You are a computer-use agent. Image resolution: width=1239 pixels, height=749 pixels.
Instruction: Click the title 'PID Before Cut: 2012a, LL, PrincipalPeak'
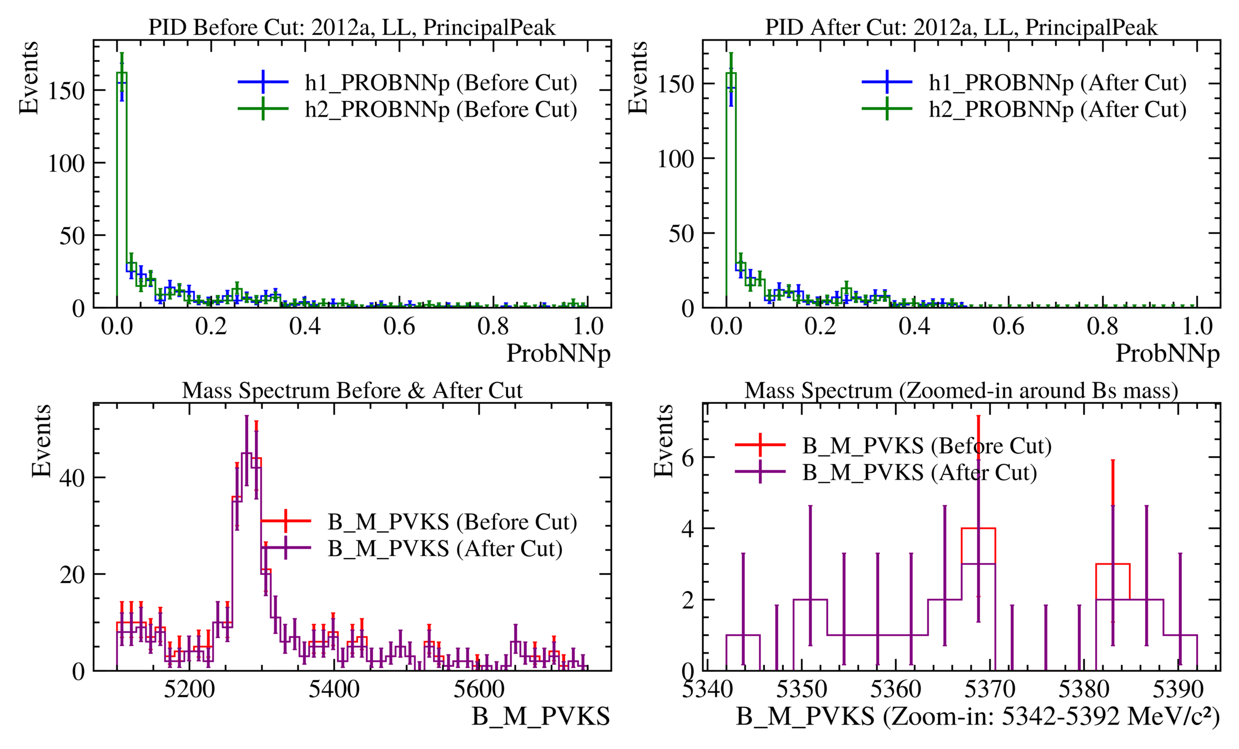pyautogui.click(x=351, y=27)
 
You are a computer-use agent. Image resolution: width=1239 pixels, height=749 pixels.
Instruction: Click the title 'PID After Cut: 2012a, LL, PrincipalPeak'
pyautogui.click(x=961, y=27)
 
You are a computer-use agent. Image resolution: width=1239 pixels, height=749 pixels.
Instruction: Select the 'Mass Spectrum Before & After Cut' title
pyautogui.click(x=352, y=391)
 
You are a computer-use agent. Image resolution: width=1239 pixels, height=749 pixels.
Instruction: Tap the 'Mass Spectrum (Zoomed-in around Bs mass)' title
pyautogui.click(x=961, y=391)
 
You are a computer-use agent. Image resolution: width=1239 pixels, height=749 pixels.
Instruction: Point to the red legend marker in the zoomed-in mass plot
pyautogui.click(x=760, y=445)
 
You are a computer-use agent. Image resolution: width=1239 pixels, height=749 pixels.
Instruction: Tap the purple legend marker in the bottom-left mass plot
pyautogui.click(x=285, y=548)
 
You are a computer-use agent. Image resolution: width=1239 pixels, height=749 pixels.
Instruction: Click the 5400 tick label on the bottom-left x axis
pyautogui.click(x=334, y=690)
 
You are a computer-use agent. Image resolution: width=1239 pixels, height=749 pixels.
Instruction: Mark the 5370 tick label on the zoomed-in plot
pyautogui.click(x=990, y=690)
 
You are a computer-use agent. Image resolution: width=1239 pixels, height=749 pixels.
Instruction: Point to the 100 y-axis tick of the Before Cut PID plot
pyautogui.click(x=66, y=163)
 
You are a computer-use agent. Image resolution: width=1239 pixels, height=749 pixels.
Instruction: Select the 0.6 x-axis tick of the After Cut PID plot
pyautogui.click(x=1009, y=326)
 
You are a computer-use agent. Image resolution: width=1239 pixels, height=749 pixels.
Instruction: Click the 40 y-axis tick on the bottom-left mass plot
pyautogui.click(x=72, y=478)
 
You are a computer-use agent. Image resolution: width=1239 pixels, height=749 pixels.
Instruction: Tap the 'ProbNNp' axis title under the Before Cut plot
pyautogui.click(x=558, y=353)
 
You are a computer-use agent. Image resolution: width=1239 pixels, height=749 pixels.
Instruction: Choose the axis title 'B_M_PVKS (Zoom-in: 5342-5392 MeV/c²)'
pyautogui.click(x=978, y=716)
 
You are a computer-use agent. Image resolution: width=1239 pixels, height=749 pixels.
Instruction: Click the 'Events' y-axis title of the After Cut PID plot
pyautogui.click(x=638, y=78)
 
